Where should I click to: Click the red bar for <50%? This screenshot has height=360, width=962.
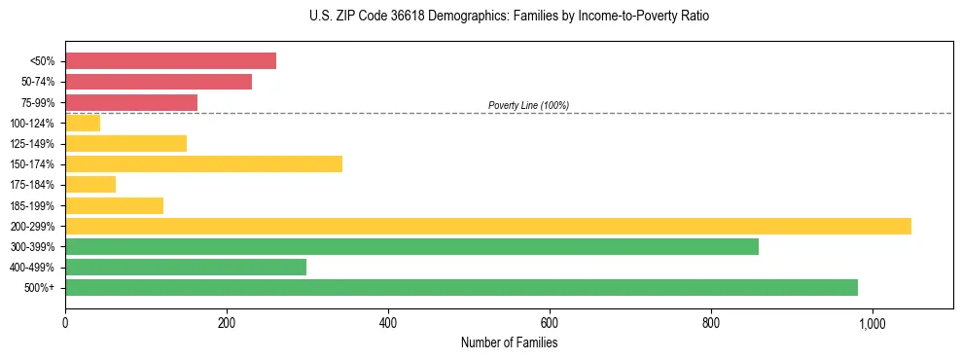coord(170,61)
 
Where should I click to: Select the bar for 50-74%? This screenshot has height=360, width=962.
coord(159,82)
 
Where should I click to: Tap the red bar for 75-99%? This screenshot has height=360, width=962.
coord(131,102)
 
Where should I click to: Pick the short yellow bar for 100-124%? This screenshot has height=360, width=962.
coord(83,123)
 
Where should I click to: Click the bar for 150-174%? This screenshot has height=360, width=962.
coord(203,163)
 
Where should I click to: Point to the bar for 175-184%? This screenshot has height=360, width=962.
coord(90,185)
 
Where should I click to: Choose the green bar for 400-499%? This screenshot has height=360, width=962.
coord(186,267)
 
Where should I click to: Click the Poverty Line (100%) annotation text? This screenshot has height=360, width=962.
coord(528,105)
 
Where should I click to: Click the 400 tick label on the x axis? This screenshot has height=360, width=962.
coord(388,323)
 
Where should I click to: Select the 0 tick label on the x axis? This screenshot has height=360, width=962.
coord(65,323)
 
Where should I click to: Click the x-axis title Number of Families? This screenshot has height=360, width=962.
coord(509,342)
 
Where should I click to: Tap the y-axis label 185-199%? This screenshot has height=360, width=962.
coord(32,205)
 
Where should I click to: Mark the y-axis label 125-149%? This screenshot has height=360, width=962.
coord(32,144)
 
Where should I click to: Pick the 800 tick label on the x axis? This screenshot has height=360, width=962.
coord(711,323)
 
